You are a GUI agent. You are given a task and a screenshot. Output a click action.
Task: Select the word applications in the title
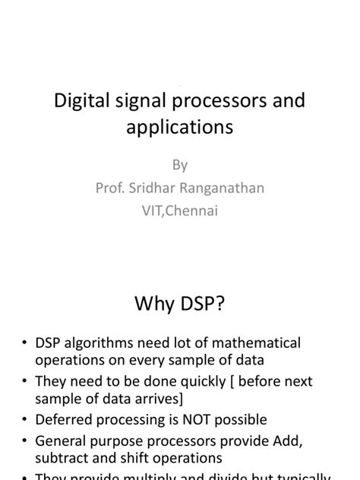179,127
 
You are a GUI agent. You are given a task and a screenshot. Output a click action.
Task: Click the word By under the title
180,165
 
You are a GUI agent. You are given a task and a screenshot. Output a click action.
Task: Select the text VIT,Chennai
180,211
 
